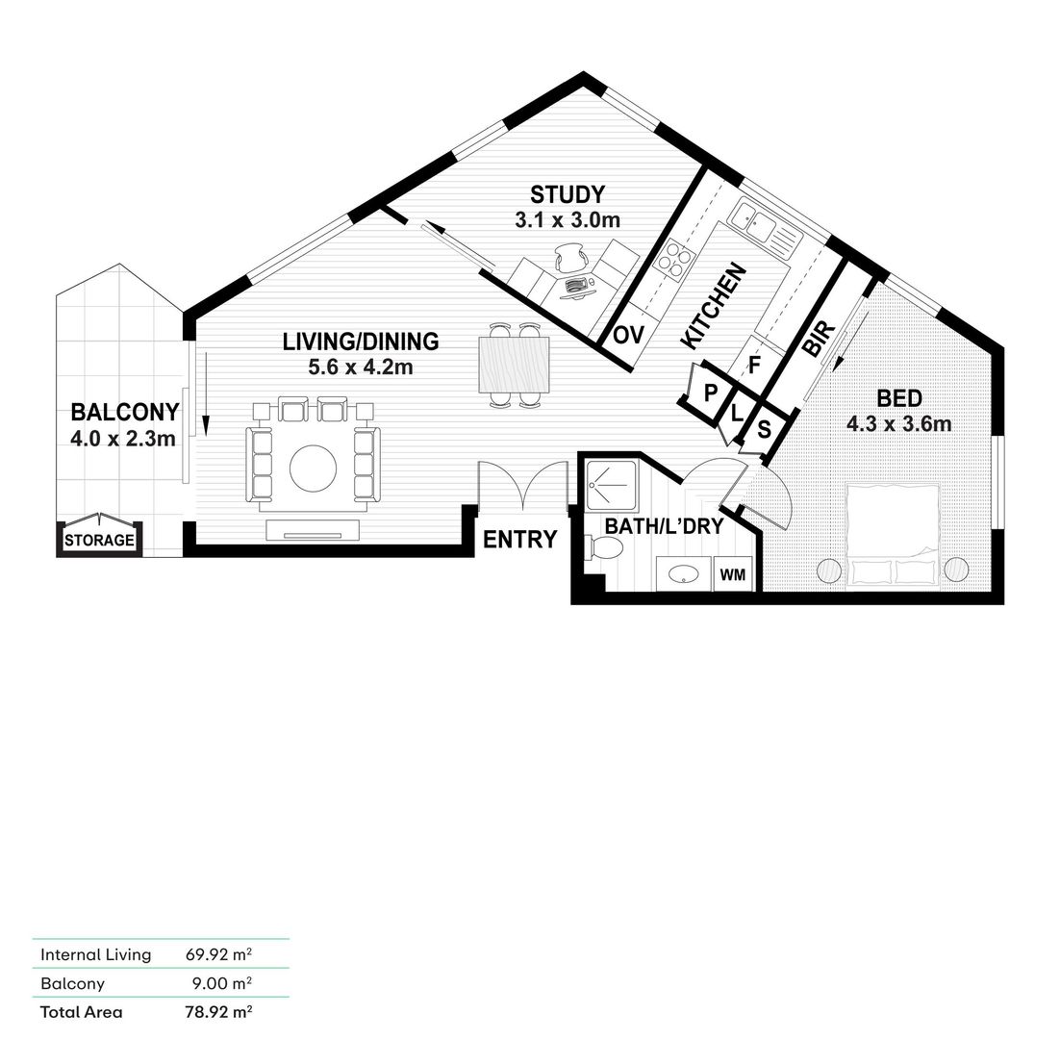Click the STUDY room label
(568, 194)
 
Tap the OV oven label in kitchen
(629, 335)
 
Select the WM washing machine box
(733, 574)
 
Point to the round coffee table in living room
(313, 469)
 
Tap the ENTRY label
(519, 540)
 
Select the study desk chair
(572, 258)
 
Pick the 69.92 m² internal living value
(218, 954)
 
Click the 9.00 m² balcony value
(222, 983)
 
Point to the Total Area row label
(81, 1012)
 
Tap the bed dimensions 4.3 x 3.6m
(899, 424)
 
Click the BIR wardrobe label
(820, 339)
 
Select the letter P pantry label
(710, 393)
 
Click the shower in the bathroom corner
(611, 485)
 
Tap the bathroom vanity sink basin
(684, 574)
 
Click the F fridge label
(754, 365)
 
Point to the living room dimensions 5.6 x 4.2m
(361, 367)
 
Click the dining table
(514, 365)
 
